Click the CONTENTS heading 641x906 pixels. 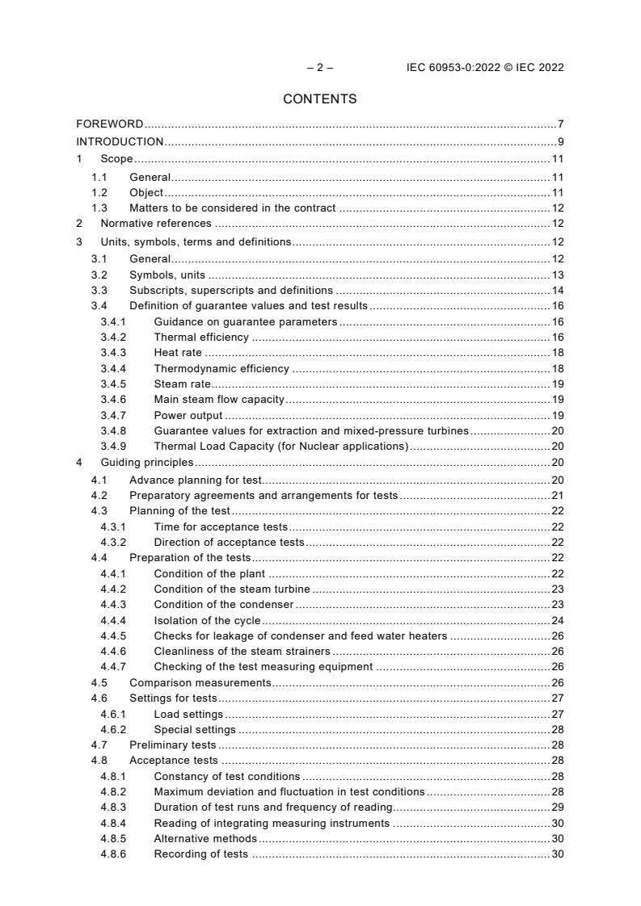[320, 99]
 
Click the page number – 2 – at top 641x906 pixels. [320, 68]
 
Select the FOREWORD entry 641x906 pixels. [110, 124]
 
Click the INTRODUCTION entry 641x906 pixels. [120, 142]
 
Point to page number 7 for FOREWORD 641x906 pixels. [560, 124]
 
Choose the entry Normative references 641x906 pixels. [156, 224]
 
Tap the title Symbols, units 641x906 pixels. [162, 275]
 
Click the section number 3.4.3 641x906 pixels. [113, 353]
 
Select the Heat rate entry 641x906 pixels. [178, 353]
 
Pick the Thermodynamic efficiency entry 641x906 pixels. [221, 369]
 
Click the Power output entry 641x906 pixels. [188, 416]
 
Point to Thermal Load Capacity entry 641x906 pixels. [280, 447]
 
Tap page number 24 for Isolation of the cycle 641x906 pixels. [557, 620]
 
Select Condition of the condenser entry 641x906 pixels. [224, 605]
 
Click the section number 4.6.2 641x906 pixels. [113, 730]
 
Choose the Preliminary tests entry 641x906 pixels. [172, 745]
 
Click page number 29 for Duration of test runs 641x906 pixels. [557, 807]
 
